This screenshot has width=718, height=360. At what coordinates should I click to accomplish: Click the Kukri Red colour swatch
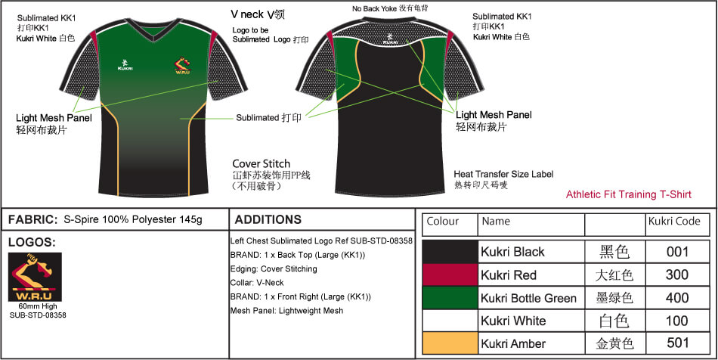pos(450,275)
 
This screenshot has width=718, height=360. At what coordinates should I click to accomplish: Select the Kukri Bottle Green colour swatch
pos(450,298)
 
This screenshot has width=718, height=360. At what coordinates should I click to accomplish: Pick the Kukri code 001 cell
pos(676,252)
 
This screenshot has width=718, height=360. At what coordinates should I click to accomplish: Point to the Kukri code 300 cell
pos(676,275)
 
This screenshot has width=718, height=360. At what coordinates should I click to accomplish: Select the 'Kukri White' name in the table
pos(513,321)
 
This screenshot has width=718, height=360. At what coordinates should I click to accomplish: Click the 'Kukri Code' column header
pos(673,222)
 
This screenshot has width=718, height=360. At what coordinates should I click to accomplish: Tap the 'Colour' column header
pos(443,222)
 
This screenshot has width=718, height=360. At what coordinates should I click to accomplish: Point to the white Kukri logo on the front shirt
pos(125,64)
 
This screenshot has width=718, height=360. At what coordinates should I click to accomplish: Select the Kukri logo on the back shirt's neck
pos(388,38)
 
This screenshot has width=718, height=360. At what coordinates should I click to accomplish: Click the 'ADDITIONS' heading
pos(268,220)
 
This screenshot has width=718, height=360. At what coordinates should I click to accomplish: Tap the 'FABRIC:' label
pos(32,220)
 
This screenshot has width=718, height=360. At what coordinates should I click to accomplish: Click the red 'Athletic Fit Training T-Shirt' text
pos(629,194)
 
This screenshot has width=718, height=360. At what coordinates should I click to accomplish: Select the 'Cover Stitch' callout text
pos(261,163)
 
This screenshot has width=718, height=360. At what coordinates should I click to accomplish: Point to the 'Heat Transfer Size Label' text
pos(503,174)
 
